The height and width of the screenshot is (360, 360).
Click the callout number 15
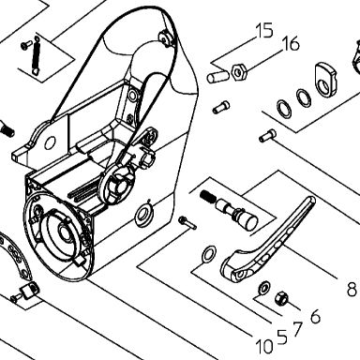[264, 31]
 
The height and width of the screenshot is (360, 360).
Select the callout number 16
[291, 43]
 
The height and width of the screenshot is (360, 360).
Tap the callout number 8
[352, 289]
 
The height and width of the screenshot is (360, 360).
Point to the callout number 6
[316, 316]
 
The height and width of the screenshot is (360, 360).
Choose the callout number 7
[297, 329]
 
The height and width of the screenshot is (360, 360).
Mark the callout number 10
[264, 347]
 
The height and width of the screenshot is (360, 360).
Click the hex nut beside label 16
[239, 72]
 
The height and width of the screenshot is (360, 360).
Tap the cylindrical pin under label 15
[217, 77]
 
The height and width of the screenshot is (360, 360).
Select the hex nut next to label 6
[281, 298]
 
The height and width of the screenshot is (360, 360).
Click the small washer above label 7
[264, 286]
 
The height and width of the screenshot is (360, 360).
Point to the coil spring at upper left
[37, 53]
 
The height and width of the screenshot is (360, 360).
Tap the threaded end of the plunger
[208, 197]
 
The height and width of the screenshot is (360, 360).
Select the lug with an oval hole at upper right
[325, 78]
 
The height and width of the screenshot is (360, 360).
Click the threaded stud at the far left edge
[7, 128]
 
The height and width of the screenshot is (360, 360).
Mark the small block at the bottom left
[29, 290]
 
